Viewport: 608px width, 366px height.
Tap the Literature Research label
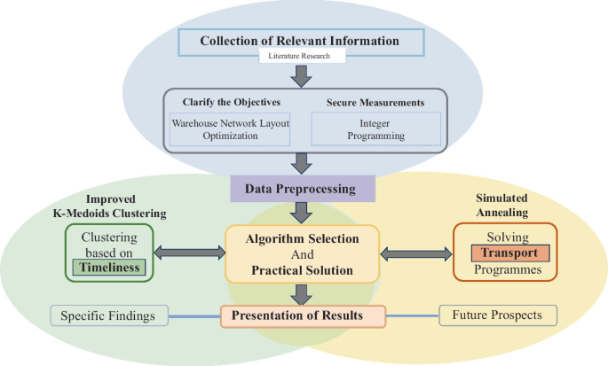coord(299,57)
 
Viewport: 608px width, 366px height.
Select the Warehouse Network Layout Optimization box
coord(230,129)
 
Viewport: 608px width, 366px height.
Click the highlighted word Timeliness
coord(110,269)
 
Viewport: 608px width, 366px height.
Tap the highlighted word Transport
coord(504,253)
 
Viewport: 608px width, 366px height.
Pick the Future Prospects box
coord(497,315)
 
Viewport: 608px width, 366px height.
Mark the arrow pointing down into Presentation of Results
coord(303,292)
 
